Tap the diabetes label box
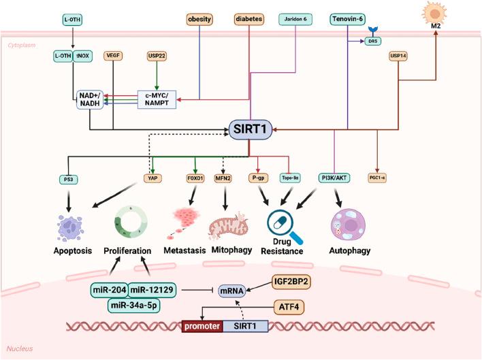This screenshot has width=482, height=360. pyautogui.click(x=249, y=19)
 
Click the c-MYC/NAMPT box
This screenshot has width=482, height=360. pyautogui.click(x=157, y=99)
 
